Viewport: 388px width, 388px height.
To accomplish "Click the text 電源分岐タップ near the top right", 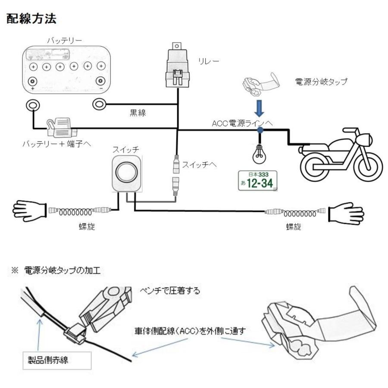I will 321,82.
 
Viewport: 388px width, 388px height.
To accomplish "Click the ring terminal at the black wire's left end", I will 100,103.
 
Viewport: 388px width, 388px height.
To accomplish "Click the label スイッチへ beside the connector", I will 199,164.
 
